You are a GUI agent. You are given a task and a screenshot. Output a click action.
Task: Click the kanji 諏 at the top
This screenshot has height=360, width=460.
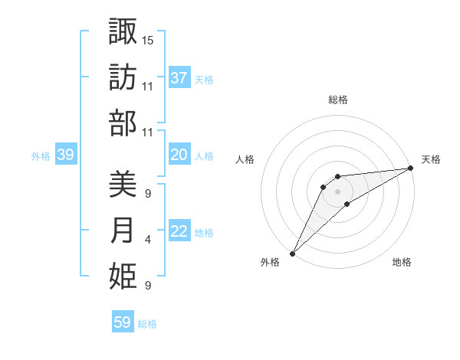[123, 31]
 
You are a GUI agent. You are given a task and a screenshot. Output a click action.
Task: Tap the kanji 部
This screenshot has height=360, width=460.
[123, 123]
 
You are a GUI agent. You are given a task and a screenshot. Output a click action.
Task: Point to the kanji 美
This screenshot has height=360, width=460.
[123, 184]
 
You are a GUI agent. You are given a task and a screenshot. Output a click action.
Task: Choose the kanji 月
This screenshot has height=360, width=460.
[123, 231]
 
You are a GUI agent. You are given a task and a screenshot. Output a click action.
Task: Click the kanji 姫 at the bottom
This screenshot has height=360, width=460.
[123, 277]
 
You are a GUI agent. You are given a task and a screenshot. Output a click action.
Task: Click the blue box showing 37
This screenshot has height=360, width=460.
[179, 78]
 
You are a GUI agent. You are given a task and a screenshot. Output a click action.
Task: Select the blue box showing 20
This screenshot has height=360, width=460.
[179, 155]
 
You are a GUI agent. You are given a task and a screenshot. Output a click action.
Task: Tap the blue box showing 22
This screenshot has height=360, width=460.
[179, 232]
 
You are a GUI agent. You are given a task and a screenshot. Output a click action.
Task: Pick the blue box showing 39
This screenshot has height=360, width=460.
[65, 155]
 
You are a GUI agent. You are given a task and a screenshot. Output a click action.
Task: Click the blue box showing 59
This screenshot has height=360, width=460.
[122, 322]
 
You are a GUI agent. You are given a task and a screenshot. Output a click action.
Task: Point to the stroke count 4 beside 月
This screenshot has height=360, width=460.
[148, 240]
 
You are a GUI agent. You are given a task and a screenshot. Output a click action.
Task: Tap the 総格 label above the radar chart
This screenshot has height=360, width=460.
[338, 100]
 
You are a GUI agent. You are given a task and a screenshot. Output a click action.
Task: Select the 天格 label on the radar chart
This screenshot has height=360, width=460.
[431, 160]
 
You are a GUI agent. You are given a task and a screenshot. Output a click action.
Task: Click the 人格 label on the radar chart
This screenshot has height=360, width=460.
[245, 160]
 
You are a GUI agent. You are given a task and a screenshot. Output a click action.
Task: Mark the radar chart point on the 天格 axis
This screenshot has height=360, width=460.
[411, 168]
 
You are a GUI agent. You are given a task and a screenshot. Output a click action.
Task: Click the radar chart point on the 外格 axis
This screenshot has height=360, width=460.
[292, 253]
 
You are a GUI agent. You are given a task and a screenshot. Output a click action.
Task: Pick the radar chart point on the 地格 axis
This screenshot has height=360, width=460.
[347, 204]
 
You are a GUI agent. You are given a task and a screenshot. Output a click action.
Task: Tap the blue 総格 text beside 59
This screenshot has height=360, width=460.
[147, 324]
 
